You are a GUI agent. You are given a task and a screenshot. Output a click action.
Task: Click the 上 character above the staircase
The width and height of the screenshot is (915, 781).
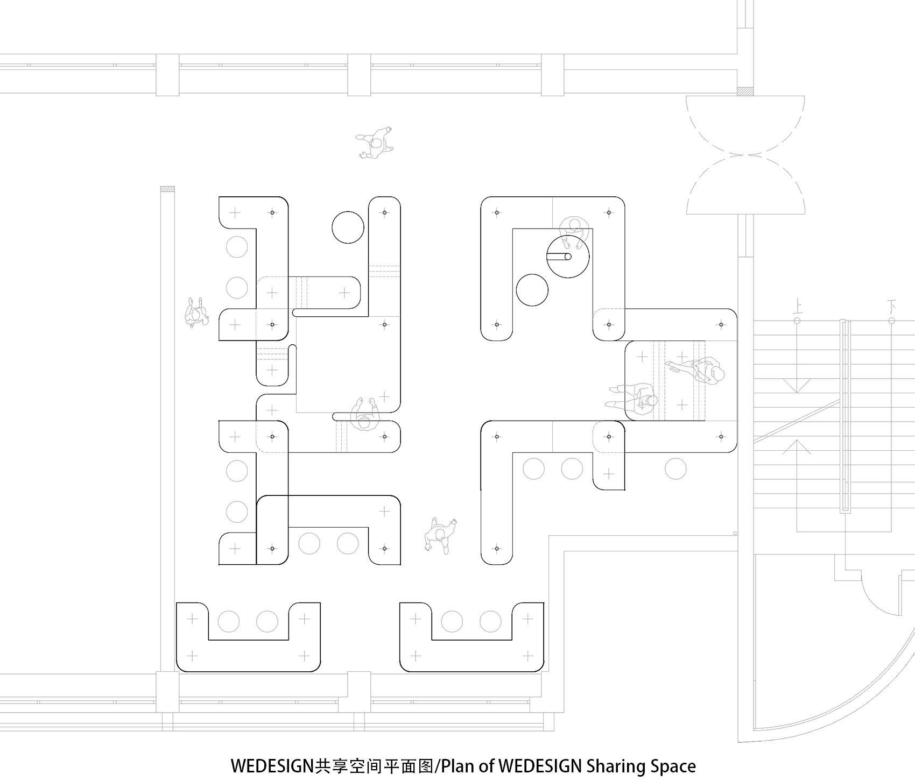[797, 308]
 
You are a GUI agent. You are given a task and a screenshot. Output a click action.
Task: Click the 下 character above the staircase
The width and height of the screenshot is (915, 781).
[891, 308]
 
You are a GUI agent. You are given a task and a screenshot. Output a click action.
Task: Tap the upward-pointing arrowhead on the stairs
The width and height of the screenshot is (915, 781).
[797, 446]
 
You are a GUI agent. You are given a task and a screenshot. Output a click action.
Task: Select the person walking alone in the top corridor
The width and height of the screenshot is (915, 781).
[376, 143]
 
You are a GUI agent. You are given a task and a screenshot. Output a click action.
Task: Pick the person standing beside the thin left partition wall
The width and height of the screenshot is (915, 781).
[196, 313]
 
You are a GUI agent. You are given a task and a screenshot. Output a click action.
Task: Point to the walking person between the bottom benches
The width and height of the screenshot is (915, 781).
[440, 536]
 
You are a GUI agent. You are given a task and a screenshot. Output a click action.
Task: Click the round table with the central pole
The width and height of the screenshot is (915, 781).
[568, 257]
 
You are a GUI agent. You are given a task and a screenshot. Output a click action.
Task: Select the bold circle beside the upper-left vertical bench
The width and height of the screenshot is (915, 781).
[348, 228]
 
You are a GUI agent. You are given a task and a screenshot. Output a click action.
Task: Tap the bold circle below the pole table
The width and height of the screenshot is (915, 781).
[532, 290]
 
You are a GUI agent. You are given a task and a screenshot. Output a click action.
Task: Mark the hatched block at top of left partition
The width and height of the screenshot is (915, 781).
[167, 189]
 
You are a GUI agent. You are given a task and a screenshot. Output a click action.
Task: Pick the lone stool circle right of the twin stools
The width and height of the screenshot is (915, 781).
[675, 469]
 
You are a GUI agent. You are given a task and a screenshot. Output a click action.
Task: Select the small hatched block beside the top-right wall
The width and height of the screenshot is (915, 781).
[744, 91]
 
